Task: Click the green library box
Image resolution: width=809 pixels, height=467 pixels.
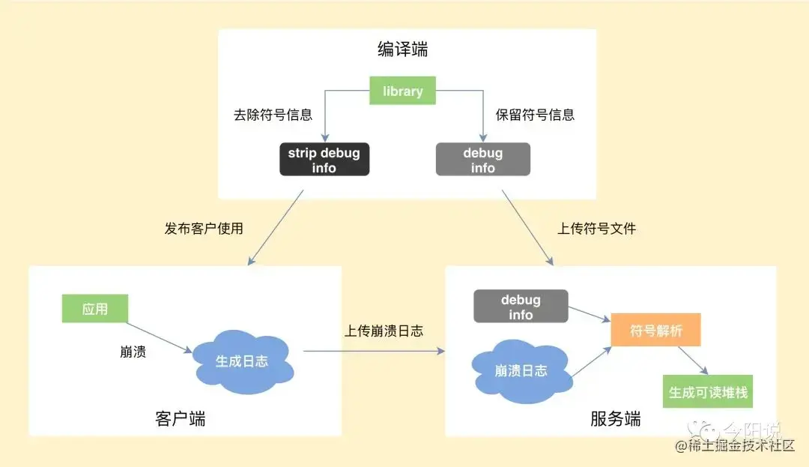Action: (402, 91)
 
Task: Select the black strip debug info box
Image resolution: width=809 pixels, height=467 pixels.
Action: (324, 160)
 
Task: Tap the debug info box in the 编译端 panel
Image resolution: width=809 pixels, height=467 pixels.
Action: (482, 160)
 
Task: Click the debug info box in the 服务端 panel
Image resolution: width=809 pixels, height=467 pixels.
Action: (521, 307)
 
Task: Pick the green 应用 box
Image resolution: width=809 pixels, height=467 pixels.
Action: (95, 309)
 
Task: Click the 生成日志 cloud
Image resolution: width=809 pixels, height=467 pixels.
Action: (242, 362)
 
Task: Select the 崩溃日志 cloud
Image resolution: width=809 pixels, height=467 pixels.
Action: (521, 371)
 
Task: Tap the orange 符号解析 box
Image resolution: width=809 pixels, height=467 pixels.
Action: (655, 331)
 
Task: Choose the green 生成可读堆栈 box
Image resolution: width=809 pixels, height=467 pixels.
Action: (708, 392)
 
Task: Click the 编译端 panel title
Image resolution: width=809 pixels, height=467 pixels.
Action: (403, 50)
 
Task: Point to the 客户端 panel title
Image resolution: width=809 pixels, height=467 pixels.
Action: (180, 418)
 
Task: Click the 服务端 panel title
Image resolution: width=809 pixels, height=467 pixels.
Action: (615, 418)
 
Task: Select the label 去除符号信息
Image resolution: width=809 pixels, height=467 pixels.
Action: (273, 115)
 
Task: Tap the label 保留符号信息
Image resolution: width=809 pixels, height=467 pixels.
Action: (535, 115)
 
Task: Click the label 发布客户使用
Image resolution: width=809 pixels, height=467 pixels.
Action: (204, 229)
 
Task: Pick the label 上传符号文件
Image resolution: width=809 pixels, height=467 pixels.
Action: (596, 229)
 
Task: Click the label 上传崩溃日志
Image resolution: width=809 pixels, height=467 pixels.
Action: (384, 331)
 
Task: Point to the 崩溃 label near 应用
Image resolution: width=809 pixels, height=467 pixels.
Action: (133, 352)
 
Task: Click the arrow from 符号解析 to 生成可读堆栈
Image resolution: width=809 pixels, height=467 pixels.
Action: (693, 361)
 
